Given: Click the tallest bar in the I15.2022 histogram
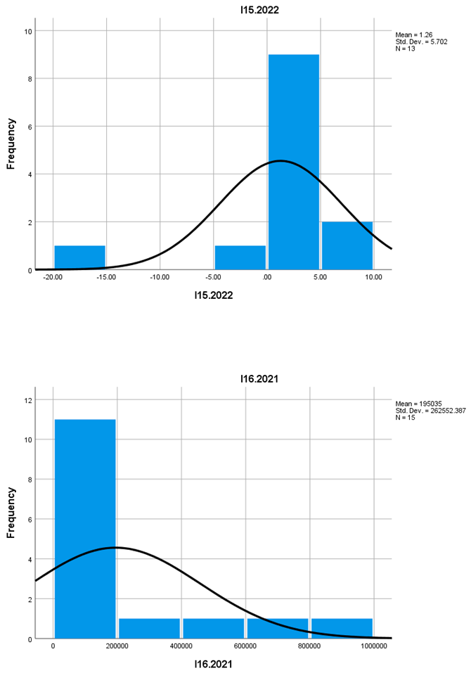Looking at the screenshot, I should coord(293,162).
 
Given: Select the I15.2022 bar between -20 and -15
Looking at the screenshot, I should coord(79,257).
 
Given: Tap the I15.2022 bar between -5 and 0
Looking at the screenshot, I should coord(240,257).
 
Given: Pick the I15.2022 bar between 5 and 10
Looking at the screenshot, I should coord(347,245).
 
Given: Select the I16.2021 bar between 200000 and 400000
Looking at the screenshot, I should coord(149,629).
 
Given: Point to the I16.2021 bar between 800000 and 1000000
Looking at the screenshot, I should coord(342,629).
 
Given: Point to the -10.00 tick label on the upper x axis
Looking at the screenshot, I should coord(160,278).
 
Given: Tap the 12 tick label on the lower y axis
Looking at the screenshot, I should coord(29,400).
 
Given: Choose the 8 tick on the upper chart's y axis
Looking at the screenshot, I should coord(29,79).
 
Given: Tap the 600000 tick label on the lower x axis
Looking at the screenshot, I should coord(245,646).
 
